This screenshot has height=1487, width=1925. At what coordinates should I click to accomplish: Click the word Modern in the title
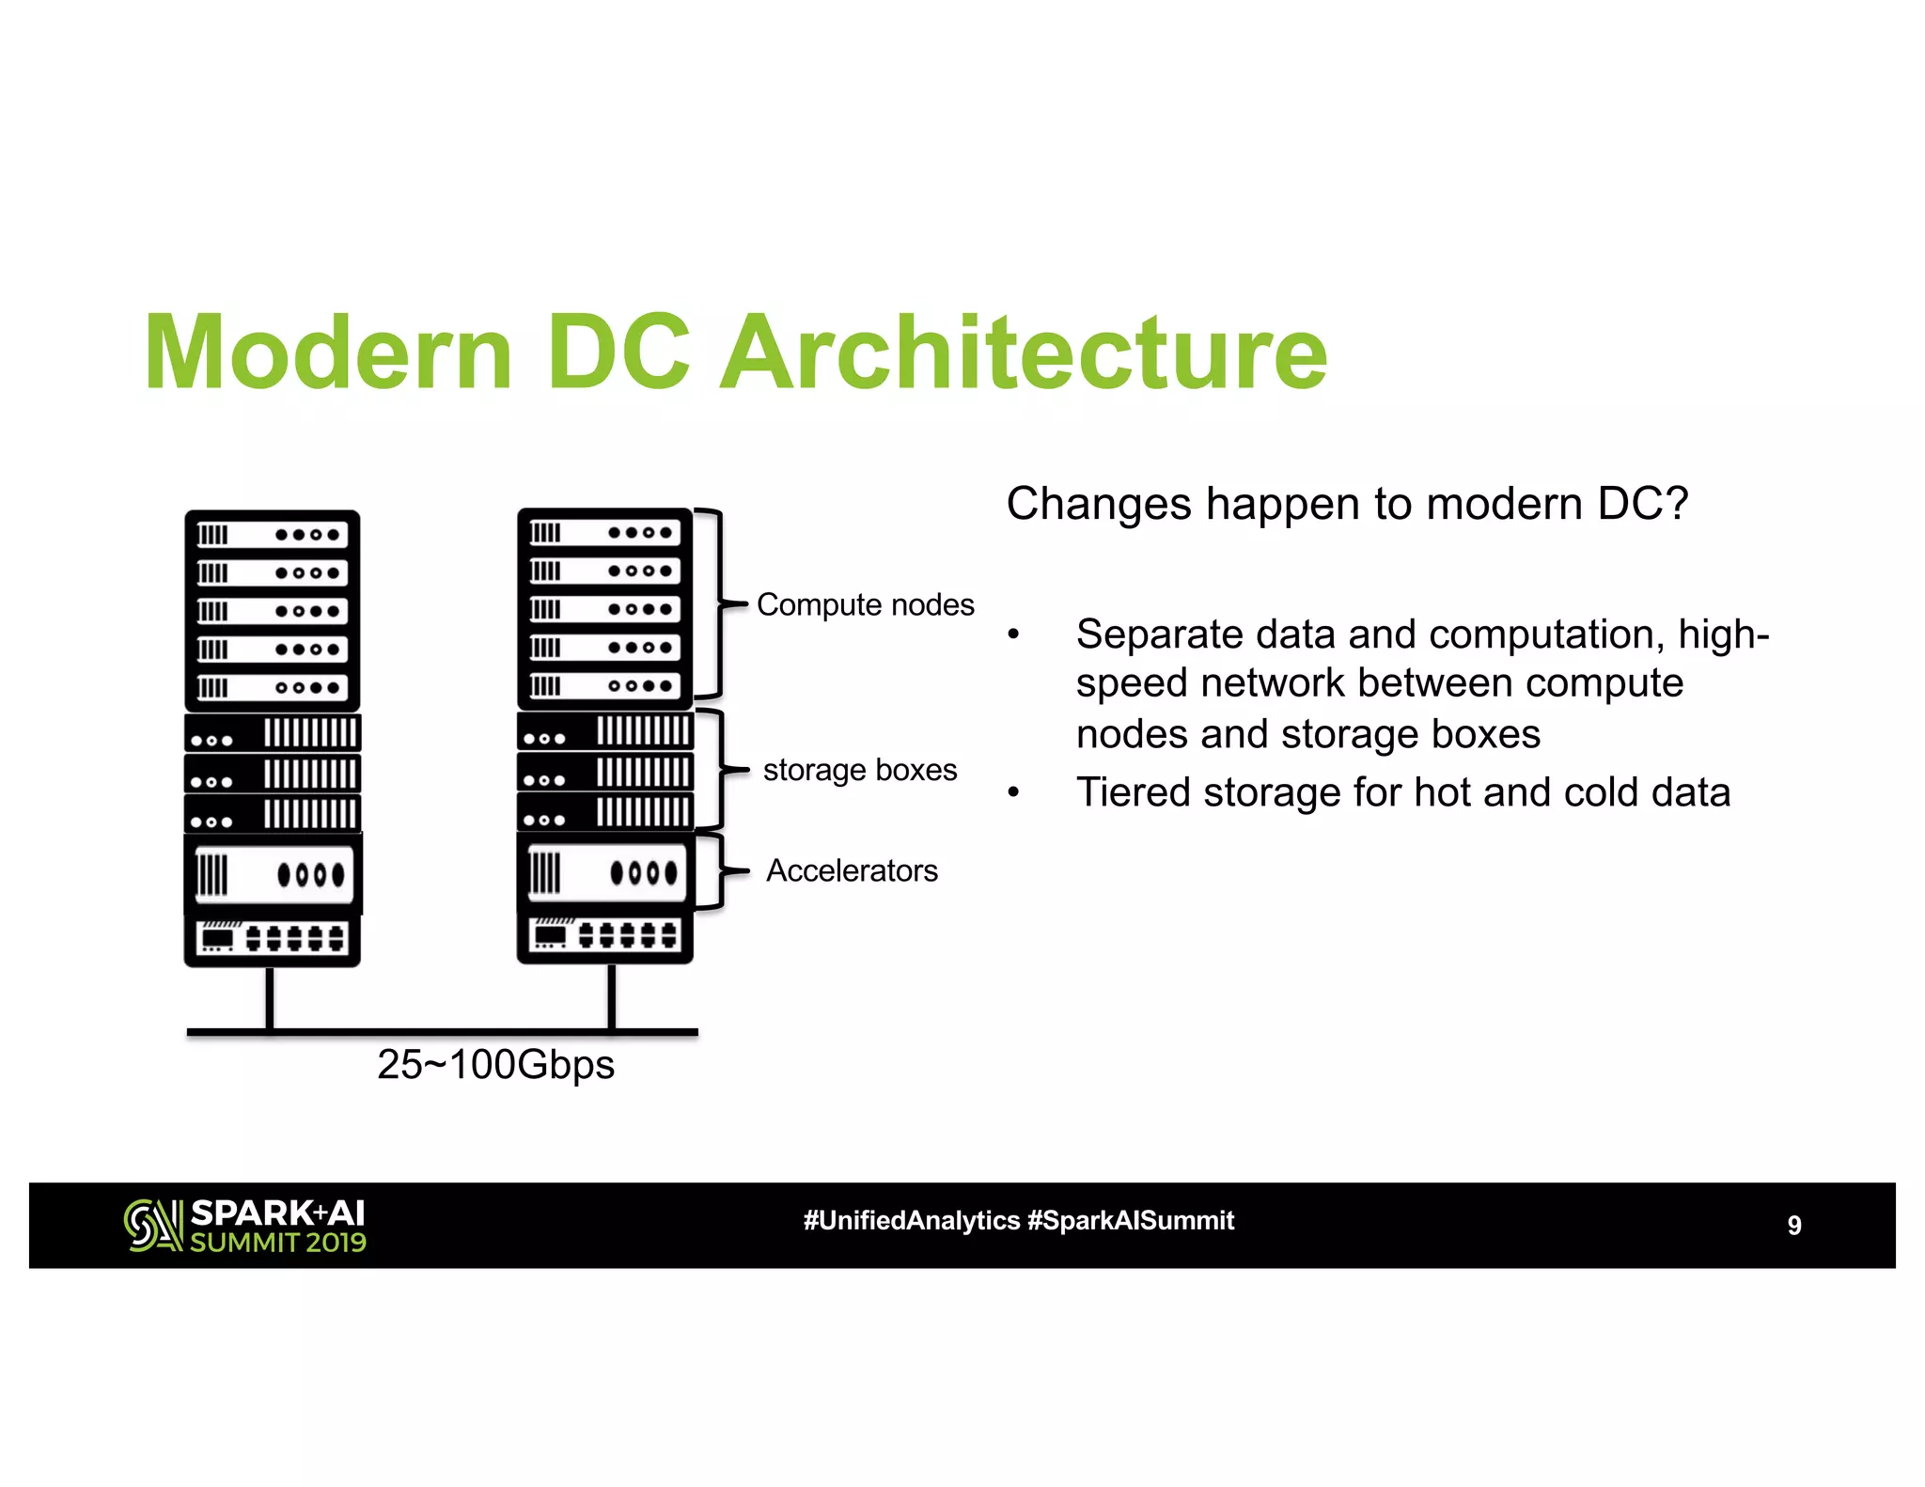[328, 353]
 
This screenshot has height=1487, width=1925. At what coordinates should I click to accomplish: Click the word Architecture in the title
[1025, 353]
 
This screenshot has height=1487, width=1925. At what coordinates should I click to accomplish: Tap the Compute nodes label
[865, 604]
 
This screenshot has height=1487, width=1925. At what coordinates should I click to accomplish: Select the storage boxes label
[859, 770]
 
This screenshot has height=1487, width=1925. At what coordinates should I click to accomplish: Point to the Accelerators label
[852, 870]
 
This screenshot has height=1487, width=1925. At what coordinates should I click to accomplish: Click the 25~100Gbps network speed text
[495, 1065]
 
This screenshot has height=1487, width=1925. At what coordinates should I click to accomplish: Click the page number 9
[1793, 1225]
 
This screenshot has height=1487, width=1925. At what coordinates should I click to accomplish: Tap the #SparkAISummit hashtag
[1131, 1220]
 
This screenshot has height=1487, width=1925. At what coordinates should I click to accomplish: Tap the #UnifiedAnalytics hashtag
[911, 1220]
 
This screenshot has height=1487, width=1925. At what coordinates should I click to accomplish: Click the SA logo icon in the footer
[152, 1225]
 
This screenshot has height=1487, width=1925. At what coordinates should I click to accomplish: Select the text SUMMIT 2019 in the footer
[278, 1243]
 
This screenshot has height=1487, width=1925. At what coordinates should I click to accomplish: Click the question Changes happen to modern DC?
[1347, 504]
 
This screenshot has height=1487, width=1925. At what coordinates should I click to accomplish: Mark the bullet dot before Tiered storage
[1013, 793]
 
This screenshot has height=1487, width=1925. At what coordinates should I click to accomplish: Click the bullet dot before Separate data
[1013, 635]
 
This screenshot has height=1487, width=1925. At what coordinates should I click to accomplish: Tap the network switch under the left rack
[273, 938]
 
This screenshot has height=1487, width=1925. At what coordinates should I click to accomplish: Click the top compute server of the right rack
[604, 533]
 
